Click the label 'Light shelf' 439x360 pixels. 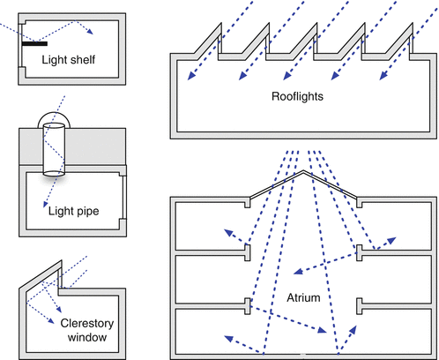68,60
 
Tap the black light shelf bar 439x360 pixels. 34,44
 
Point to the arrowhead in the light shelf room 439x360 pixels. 90,32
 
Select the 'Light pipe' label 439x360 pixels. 73,211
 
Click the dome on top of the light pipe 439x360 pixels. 54,113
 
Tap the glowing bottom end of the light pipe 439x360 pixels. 54,174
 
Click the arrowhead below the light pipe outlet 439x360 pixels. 45,204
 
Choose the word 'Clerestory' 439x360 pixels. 87,324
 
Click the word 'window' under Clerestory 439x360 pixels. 87,337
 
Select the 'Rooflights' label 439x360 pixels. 297,96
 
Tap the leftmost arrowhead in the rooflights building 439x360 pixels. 191,76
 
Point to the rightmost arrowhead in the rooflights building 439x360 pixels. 383,76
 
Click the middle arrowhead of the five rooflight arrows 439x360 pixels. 287,76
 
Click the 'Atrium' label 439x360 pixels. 303,298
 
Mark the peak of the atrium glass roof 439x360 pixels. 303,170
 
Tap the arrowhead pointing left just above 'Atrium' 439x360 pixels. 298,272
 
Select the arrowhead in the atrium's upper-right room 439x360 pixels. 391,241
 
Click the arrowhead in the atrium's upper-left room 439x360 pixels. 228,233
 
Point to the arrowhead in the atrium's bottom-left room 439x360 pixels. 228,339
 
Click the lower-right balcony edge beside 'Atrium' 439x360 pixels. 359,306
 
